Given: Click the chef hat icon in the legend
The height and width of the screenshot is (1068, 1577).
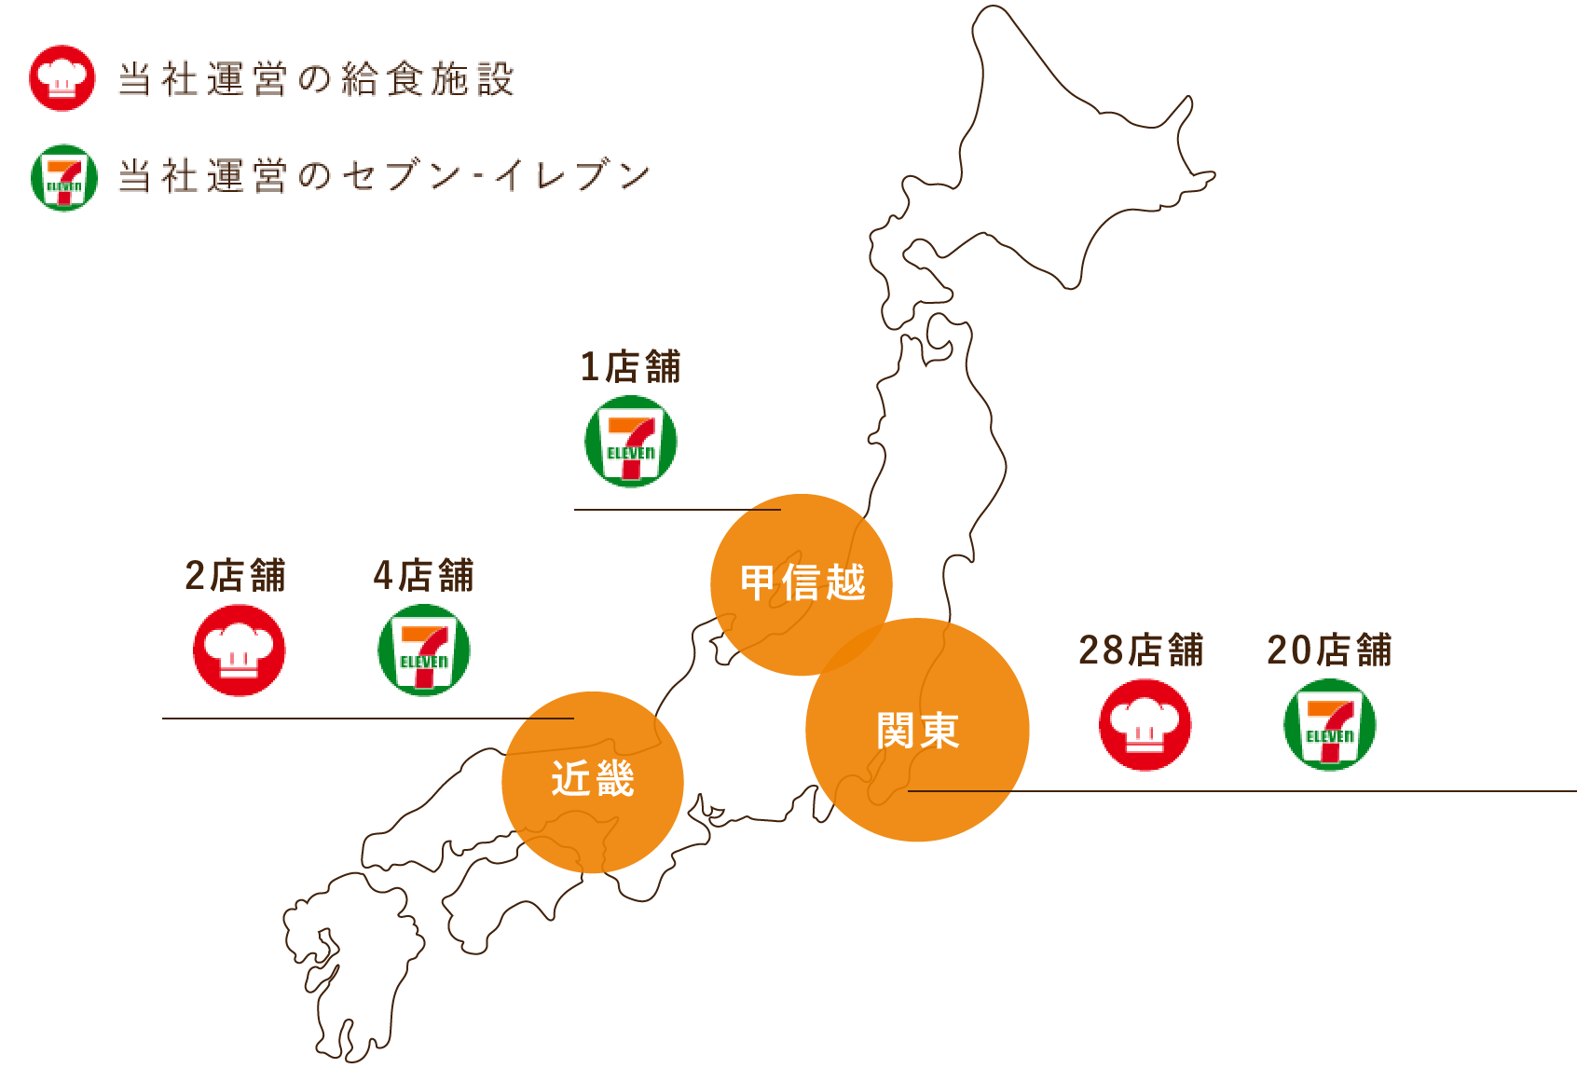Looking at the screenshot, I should pos(62,78).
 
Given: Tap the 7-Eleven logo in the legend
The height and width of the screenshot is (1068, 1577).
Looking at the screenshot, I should pos(64,177).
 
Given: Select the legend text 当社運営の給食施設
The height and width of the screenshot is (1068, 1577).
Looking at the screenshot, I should pos(316,79).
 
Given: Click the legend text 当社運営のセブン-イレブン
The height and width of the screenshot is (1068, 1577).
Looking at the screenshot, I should pos(384,176).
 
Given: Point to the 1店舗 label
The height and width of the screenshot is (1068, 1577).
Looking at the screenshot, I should pos(631,367).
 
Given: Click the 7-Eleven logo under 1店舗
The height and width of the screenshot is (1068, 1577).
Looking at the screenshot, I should pos(631,442).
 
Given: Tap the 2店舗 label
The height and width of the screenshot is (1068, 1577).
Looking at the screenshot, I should pos(236,576).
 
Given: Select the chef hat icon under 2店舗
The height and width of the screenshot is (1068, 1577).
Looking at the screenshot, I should pos(240,650).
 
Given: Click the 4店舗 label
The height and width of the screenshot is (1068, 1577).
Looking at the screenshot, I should pos(424,576).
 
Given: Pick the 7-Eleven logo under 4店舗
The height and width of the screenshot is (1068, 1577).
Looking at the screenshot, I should pos(424,650).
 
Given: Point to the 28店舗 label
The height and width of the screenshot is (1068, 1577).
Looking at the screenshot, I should pos(1142,650).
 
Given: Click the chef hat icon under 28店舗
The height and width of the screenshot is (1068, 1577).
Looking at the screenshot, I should pos(1145,725).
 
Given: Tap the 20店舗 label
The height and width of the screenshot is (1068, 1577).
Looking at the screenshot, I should pos(1330,650).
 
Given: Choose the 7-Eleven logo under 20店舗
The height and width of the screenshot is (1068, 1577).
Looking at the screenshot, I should pos(1330,725).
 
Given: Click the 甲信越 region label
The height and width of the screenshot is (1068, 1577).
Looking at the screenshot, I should pos(802,583).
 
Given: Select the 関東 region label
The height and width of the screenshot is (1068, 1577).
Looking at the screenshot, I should pos(918,731).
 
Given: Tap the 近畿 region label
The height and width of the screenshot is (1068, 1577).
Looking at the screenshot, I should pos(593,779).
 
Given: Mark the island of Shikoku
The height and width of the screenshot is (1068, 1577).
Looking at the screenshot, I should pos(503,895).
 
